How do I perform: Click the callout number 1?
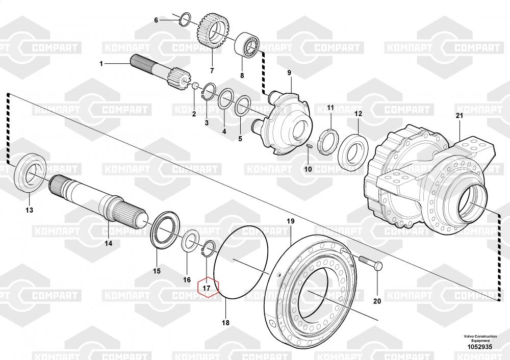point(101,64)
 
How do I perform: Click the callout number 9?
point(289,73)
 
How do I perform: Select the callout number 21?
point(459,116)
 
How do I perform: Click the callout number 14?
point(108,243)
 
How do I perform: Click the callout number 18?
point(225,323)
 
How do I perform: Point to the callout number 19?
point(290,221)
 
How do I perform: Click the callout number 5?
point(241,138)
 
